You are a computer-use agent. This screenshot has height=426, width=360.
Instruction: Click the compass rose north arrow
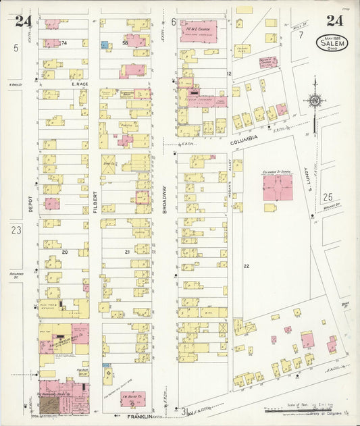pos(314,100)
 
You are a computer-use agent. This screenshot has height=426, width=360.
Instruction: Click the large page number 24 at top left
pos(24,21)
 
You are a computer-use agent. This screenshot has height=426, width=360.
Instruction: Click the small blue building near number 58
pos(105,45)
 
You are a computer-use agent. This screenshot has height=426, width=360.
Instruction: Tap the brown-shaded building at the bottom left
pos(49,404)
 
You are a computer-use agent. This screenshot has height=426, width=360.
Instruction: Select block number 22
pos(247,267)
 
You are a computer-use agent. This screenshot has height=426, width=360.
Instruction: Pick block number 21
pos(126,252)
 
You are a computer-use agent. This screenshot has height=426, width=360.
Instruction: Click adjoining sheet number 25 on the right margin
pos(328,196)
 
